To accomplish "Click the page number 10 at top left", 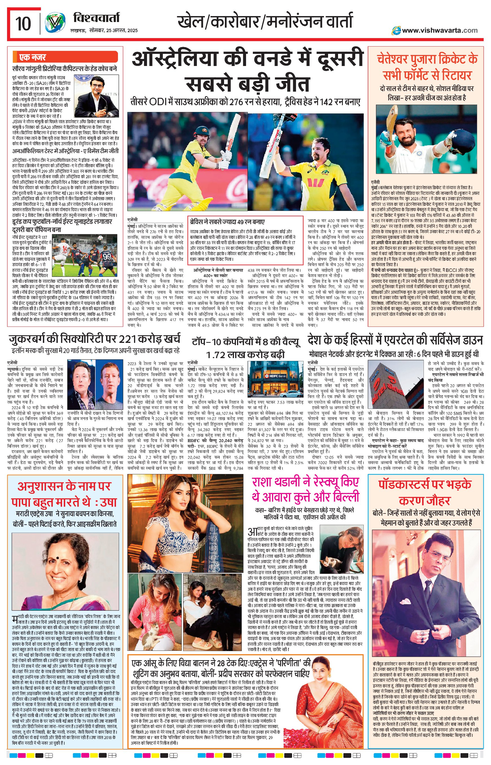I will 23,24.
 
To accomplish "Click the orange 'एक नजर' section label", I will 32,57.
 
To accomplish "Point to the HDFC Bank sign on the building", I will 273,376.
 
